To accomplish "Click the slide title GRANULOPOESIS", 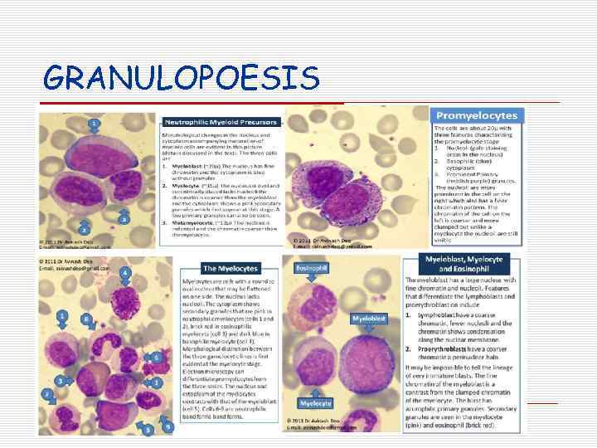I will (181, 79).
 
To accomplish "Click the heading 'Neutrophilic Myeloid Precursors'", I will (220, 122).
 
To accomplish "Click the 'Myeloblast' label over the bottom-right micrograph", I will (369, 318).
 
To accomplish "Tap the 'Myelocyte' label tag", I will (316, 403).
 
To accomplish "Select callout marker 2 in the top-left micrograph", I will (84, 226).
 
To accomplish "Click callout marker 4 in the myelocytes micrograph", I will (125, 272).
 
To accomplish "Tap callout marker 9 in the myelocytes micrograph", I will (168, 426).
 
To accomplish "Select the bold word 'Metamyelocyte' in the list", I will (195, 224).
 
